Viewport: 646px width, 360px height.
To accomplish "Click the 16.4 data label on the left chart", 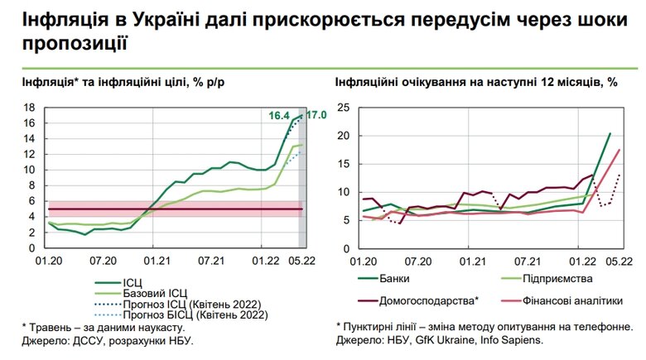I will tap(278, 115).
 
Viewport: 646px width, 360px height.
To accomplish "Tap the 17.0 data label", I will tap(316, 114).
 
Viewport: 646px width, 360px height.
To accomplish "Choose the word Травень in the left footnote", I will tap(55, 327).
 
